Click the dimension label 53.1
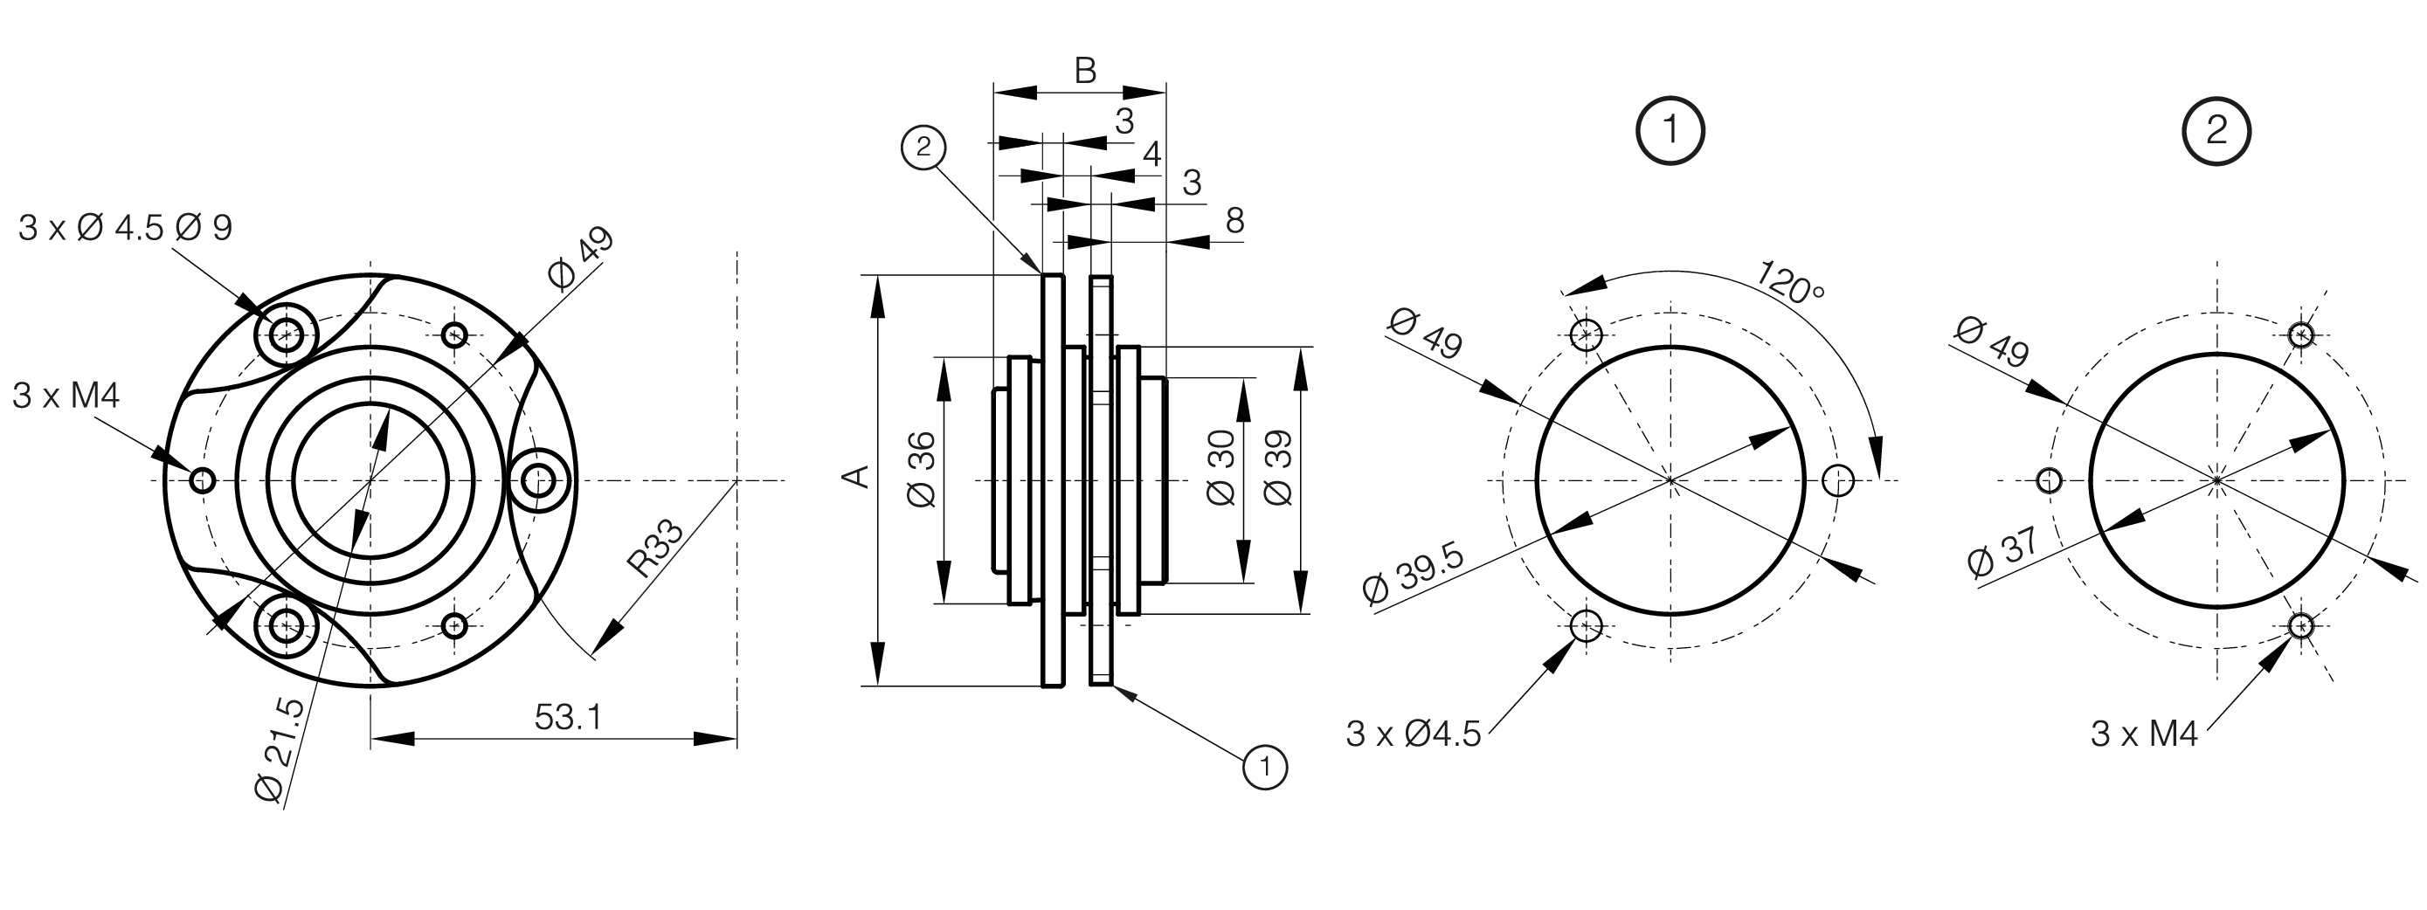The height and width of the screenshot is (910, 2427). tap(567, 718)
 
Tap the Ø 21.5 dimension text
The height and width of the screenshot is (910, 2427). tap(280, 751)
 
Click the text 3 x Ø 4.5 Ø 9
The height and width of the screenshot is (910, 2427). tap(125, 228)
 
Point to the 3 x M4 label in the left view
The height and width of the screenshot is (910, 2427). tap(66, 396)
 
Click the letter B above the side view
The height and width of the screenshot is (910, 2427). tap(1085, 71)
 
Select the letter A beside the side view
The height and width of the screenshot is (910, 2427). tap(854, 477)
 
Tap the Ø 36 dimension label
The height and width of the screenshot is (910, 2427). tap(923, 469)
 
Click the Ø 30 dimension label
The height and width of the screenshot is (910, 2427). tap(1221, 468)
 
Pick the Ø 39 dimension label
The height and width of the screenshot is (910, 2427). tap(1277, 468)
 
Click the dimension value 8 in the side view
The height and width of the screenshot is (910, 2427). tap(1234, 220)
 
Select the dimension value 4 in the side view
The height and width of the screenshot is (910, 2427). tap(1151, 155)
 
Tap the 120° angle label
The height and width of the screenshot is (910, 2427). tap(1790, 279)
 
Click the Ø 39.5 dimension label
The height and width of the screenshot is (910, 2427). tap(1414, 574)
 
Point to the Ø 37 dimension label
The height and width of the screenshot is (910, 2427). tap(2004, 551)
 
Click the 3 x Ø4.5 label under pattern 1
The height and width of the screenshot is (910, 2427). tap(1414, 734)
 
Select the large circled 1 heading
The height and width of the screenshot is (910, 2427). tap(1671, 130)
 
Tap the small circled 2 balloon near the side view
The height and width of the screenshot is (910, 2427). tap(923, 147)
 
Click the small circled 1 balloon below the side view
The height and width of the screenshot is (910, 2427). tap(1265, 767)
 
